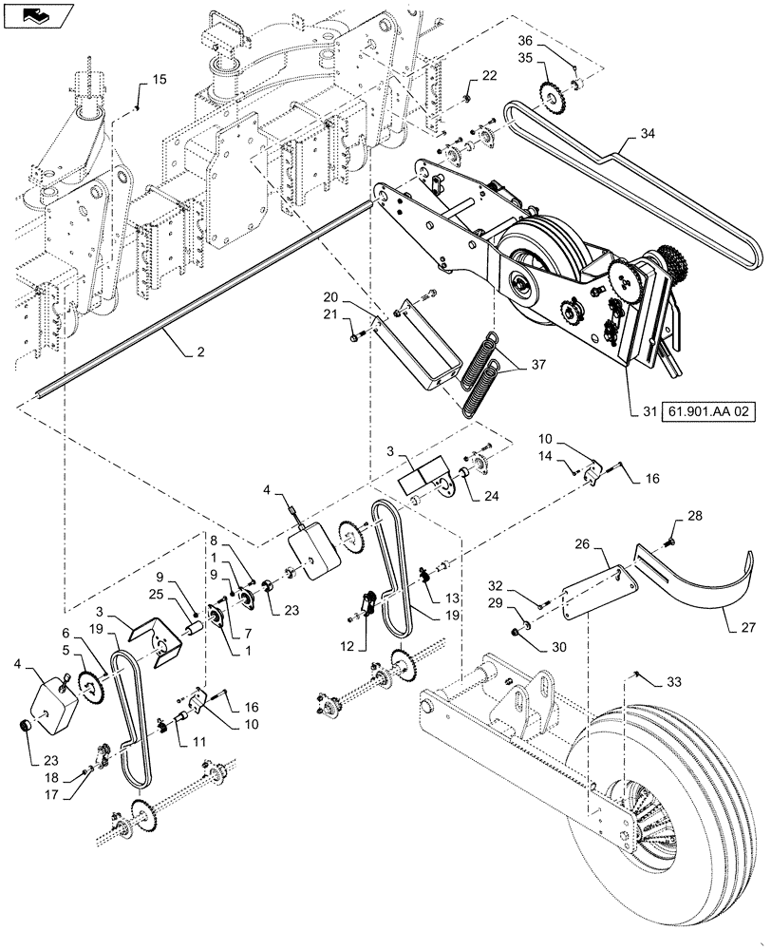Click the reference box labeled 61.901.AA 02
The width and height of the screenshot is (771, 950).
coord(702,410)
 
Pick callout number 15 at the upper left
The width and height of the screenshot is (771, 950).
coord(159,80)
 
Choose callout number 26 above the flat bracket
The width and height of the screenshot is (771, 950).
coord(583,544)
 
